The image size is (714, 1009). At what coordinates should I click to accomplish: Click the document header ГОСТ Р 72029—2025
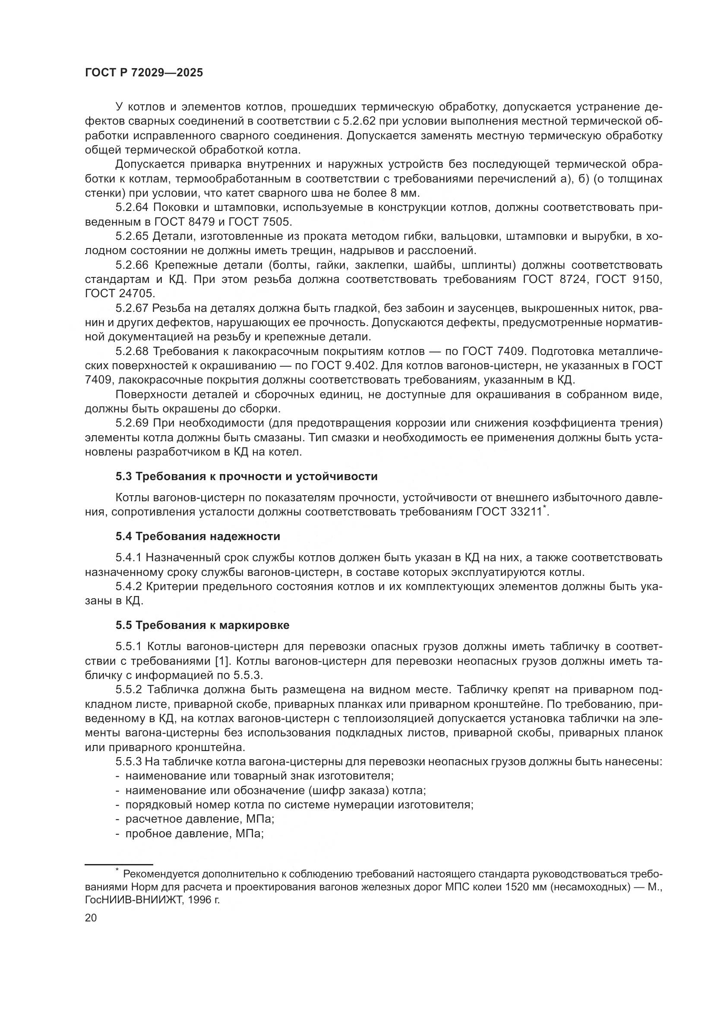coord(144,73)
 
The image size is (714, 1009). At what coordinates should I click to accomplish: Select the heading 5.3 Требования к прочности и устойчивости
coord(246,476)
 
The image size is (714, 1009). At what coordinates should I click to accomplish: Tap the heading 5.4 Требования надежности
coord(198,536)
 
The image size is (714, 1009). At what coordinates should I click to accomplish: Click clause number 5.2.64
coord(133,207)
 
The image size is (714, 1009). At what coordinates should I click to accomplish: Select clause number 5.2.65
coord(133,236)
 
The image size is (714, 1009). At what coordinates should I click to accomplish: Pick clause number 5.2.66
coord(133,265)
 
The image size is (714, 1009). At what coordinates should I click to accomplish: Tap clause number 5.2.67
coord(133,308)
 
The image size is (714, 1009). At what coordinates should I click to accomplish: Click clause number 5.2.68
coord(133,352)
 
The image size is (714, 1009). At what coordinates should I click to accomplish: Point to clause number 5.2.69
coord(133,423)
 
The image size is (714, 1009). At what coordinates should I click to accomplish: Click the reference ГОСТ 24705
coord(120,294)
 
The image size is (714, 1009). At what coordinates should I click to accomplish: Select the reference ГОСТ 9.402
coord(348,366)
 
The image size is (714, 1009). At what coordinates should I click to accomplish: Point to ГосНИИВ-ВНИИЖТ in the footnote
coord(132,900)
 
